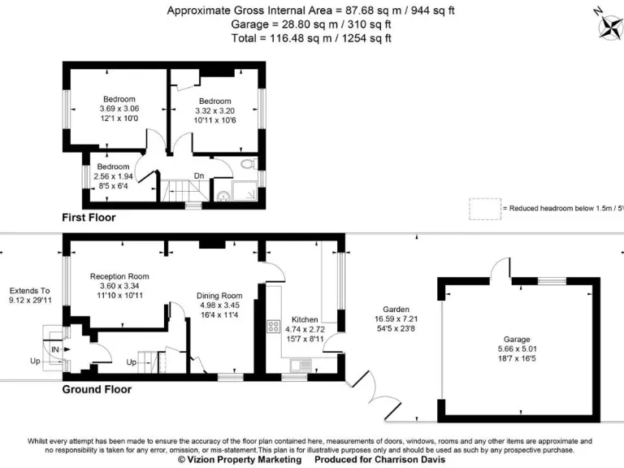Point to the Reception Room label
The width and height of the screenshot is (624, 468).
tap(119, 276)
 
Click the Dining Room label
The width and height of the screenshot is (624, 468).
tap(219, 296)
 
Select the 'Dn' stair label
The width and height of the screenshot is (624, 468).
tap(199, 175)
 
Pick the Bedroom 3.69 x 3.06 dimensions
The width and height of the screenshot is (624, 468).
tap(119, 109)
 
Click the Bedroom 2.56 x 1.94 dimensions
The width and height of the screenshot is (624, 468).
tap(112, 175)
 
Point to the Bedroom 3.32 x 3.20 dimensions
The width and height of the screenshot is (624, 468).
tap(215, 111)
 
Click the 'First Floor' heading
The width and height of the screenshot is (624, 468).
tap(89, 218)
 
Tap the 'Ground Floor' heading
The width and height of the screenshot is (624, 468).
tap(97, 389)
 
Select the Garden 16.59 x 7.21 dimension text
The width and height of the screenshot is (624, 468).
tap(396, 318)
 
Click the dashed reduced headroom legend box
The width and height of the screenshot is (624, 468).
tap(483, 208)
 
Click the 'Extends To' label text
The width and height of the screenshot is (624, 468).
tap(30, 290)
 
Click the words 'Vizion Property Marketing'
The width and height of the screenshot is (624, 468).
tap(243, 459)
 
